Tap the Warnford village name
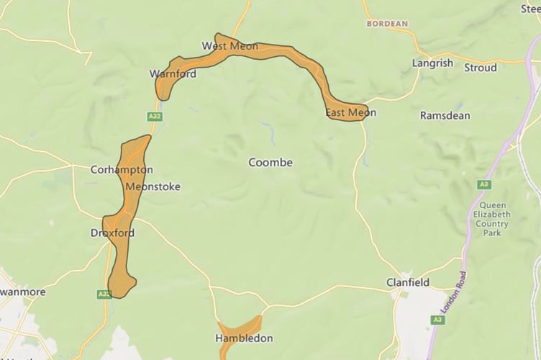[173, 73]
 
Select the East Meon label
[350, 113]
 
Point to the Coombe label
[270, 163]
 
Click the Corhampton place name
[122, 170]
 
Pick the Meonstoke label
[153, 186]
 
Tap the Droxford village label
[112, 233]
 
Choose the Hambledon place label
[244, 338]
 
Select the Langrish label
[432, 63]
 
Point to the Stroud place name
[480, 68]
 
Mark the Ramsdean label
[446, 115]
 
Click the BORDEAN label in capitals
[387, 24]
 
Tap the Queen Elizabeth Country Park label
[491, 214]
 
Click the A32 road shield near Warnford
[153, 116]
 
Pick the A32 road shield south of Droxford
[104, 294]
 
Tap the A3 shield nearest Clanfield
[437, 319]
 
